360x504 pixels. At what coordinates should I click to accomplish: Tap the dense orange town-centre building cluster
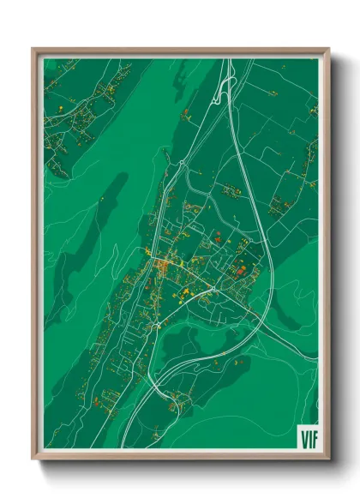160,265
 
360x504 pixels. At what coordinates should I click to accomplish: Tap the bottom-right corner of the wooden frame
328,458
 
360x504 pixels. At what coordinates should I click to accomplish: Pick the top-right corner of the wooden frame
328,50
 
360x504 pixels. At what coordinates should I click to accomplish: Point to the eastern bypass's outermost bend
273,257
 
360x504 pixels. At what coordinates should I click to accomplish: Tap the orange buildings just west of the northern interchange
187,112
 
